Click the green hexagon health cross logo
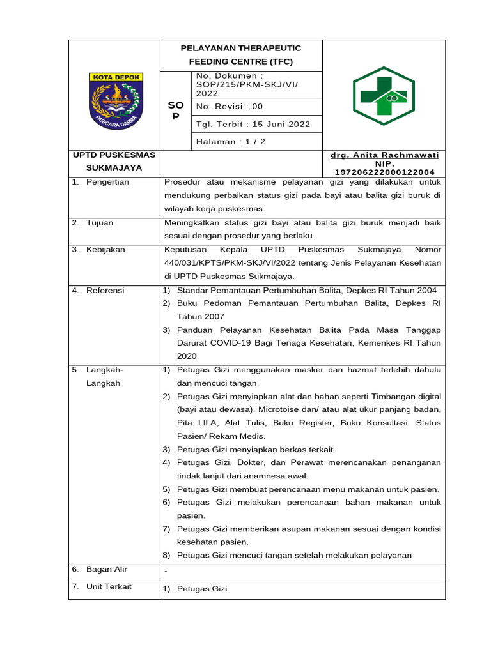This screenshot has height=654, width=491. (384, 96)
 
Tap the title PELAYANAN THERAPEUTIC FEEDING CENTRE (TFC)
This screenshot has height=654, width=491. (241, 55)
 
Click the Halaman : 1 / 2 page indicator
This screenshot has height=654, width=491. (226, 141)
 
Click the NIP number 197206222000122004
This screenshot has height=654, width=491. (384, 172)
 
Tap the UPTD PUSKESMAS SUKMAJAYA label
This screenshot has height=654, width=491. (107, 162)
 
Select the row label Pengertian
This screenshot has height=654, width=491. (107, 182)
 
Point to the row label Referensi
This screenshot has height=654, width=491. (105, 291)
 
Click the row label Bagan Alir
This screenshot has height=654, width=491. (108, 569)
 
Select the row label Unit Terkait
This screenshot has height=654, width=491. (109, 586)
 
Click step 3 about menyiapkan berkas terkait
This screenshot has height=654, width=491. (256, 450)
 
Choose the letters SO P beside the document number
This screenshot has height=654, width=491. (175, 111)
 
